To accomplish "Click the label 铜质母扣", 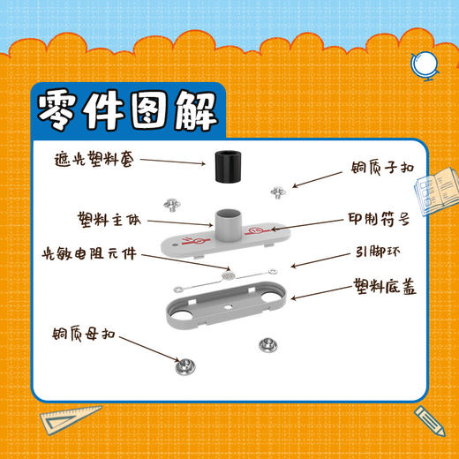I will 90,335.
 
